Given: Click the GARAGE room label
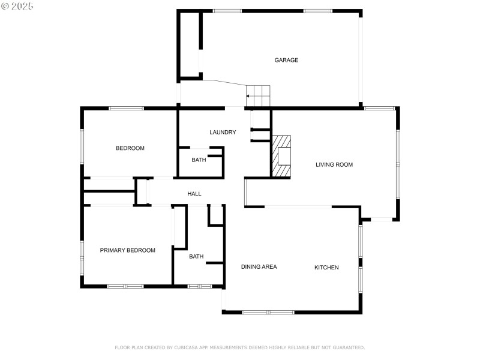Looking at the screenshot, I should click(286, 60).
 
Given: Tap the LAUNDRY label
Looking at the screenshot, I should click(223, 132).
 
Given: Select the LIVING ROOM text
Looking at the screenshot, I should click(334, 164).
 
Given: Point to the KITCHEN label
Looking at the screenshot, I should click(326, 267).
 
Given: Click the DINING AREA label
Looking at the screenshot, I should click(259, 266).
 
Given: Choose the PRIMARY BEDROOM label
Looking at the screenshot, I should click(127, 250).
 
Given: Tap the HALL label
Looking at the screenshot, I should click(194, 194).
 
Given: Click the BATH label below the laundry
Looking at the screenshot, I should click(199, 160).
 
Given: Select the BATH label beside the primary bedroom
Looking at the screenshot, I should click(196, 256).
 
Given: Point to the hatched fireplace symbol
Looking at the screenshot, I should click(282, 156).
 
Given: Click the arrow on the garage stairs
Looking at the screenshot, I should click(248, 95).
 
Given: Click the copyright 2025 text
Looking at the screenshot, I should click(17, 5).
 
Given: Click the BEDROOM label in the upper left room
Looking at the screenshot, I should click(130, 148).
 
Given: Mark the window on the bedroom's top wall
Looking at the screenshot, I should click(126, 108).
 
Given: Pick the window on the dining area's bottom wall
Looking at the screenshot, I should click(268, 312).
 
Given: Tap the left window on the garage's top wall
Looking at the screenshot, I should click(227, 11).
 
